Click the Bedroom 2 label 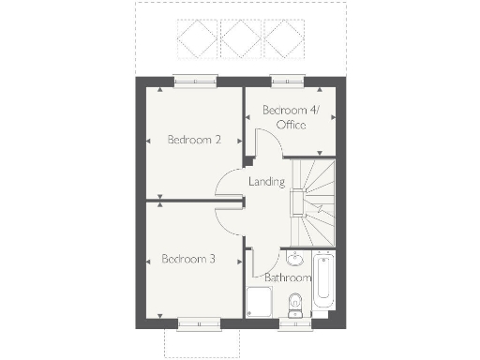(194, 141)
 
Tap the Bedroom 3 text (186, 259)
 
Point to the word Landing (265, 181)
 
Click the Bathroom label (287, 278)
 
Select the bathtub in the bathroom (322, 280)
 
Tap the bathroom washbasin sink (295, 259)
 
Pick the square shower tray (258, 303)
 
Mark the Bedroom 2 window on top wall (194, 81)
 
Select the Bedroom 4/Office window (285, 81)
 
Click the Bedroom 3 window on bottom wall (200, 324)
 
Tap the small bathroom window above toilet (295, 324)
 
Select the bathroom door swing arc (266, 259)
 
